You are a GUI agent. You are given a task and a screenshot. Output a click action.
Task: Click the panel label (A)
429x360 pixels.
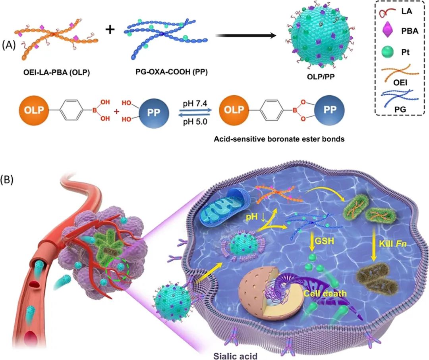coord(9,44)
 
